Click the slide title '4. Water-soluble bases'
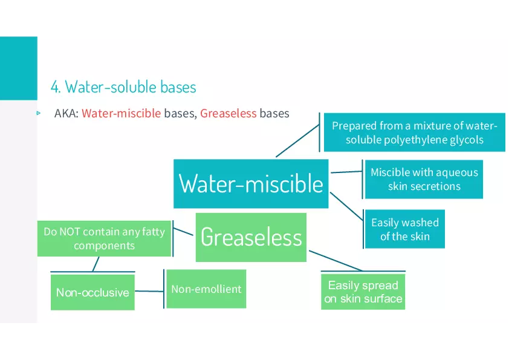(x=123, y=87)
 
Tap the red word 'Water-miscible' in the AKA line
(x=121, y=113)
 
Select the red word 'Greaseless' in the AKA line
(x=229, y=113)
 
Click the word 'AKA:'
(x=66, y=113)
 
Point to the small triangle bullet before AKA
(x=39, y=113)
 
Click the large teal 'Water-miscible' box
(x=251, y=183)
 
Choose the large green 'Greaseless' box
(x=251, y=237)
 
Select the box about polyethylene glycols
(x=415, y=133)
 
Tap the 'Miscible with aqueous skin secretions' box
(x=424, y=179)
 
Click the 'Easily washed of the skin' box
(x=405, y=229)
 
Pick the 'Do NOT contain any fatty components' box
(x=104, y=238)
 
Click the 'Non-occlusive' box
(x=92, y=292)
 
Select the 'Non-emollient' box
(x=206, y=289)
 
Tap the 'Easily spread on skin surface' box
(x=363, y=292)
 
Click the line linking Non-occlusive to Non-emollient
(x=149, y=291)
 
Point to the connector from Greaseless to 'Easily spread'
(x=336, y=261)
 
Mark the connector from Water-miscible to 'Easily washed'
(x=346, y=206)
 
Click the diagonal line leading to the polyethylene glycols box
(x=297, y=141)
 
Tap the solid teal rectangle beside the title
(x=19, y=68)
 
